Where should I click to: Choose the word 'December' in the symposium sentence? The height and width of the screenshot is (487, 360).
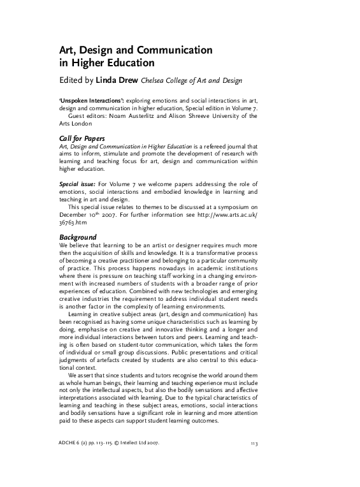click(x=72, y=215)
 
